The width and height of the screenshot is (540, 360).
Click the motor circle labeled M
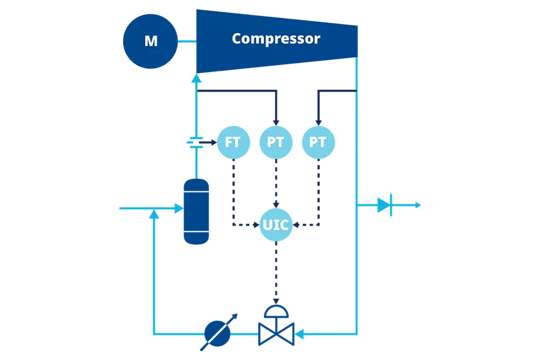151,41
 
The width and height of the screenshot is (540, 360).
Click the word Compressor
276,39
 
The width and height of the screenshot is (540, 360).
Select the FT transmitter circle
233,142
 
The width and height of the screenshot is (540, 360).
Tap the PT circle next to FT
276,142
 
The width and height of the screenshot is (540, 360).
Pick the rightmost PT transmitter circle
318,142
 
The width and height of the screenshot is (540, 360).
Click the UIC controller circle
276,225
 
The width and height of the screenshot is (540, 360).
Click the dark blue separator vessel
196,211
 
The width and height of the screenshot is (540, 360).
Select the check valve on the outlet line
385,205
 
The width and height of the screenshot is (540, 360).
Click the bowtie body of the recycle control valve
276,334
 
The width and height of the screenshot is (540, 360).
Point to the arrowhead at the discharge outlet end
417,205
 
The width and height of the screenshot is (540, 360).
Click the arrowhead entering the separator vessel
179,209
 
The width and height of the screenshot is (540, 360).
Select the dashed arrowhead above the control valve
276,300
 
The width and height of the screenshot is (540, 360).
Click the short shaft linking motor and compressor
186,41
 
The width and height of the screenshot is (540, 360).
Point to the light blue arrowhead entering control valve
299,334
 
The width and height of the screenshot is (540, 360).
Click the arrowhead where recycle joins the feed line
153,214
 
